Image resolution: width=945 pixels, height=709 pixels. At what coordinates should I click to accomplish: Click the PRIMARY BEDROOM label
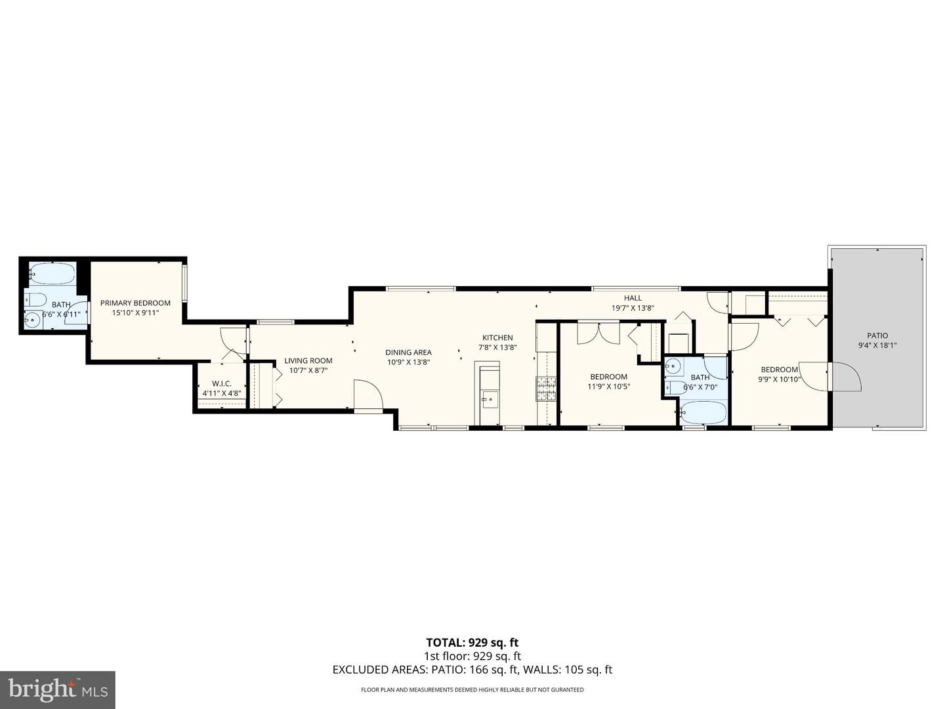tap(135, 303)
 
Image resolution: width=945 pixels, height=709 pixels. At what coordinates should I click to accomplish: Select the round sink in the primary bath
tap(31, 321)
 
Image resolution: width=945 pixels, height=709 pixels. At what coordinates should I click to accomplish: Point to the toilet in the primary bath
tap(35, 301)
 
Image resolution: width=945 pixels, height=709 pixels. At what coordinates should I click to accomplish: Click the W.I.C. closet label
tap(222, 383)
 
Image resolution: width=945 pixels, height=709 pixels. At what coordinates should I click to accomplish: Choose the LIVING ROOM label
tap(308, 360)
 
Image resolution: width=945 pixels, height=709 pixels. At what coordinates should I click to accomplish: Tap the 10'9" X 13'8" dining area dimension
tap(408, 362)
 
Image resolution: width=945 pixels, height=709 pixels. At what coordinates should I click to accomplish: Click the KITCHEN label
tap(497, 337)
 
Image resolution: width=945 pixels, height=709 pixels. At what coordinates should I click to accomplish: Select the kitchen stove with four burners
tap(546, 389)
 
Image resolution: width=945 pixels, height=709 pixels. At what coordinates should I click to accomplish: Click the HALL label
tap(633, 298)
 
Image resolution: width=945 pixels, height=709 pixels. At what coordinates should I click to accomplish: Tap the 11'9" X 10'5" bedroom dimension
tap(608, 387)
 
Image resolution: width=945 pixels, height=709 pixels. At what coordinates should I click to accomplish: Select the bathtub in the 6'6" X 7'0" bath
tap(703, 413)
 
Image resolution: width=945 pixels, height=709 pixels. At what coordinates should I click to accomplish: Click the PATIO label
tap(877, 335)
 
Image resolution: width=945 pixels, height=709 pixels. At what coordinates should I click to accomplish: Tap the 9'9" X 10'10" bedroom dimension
tap(780, 379)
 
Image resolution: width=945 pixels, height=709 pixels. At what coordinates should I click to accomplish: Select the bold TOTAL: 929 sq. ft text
tap(472, 643)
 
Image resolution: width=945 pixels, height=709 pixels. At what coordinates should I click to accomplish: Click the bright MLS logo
tap(58, 689)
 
